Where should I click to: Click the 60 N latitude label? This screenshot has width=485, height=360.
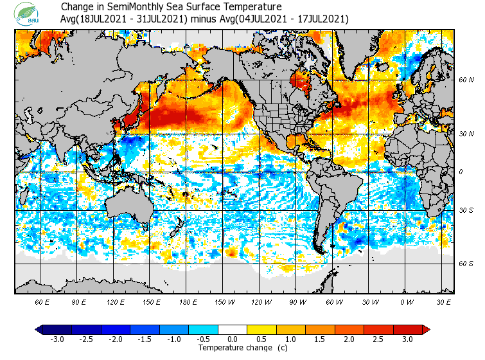466,80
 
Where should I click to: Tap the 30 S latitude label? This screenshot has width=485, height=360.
466,210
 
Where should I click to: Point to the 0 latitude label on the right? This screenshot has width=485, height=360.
461,172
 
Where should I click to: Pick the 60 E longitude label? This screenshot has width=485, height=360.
42,302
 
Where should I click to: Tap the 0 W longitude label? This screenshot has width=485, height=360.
406,302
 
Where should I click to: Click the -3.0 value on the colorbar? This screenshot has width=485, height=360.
57,339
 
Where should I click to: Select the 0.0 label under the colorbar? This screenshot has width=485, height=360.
233,339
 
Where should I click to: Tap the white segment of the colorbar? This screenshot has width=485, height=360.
233,330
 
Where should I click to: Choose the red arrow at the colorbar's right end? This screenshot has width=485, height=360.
426,330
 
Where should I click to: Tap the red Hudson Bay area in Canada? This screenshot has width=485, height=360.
300,82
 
